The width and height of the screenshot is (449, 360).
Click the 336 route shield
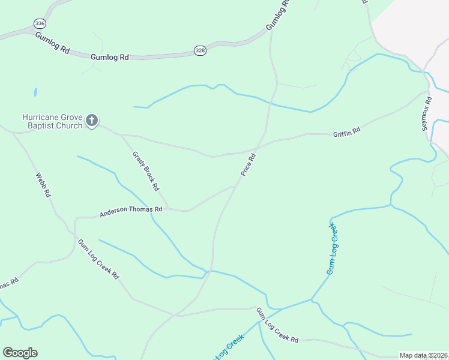click(40, 23)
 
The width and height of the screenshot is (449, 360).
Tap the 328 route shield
click(200, 51)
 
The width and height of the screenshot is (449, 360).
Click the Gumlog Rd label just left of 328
click(110, 57)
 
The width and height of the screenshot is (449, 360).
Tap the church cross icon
click(92, 121)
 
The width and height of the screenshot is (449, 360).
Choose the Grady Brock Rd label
click(145, 170)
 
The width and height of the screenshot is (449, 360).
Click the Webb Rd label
click(43, 186)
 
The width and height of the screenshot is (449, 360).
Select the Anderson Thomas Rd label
click(131, 211)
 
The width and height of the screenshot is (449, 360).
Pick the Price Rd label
click(249, 165)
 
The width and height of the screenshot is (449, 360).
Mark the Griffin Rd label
click(346, 131)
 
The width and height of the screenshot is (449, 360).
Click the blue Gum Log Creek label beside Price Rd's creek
click(331, 248)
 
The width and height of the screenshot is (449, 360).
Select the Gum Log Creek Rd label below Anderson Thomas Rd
click(98, 259)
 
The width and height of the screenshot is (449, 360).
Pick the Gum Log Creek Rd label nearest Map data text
click(277, 325)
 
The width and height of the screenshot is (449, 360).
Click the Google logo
click(20, 353)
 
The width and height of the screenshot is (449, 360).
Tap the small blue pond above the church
click(35, 92)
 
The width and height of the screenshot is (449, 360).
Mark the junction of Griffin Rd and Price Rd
click(259, 146)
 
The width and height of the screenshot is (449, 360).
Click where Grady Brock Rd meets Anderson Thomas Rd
click(168, 209)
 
